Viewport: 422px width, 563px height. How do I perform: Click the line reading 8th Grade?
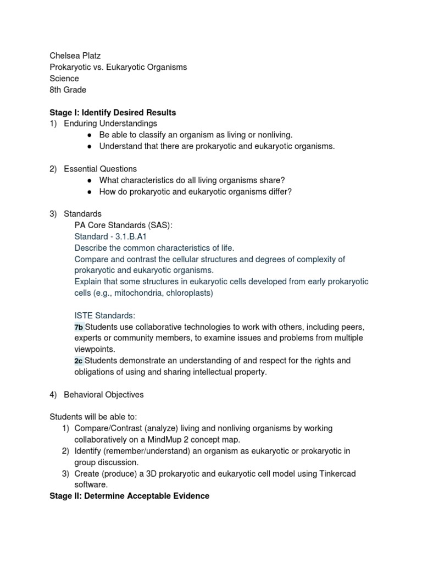[x=68, y=90]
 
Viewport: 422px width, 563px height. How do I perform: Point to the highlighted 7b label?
[x=79, y=327]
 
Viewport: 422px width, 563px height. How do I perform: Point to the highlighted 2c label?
[x=79, y=361]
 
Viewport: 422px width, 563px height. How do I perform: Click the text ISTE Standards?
[x=104, y=316]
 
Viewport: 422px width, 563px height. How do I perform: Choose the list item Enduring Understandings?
[x=110, y=124]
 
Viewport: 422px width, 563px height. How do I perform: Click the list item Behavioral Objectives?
[x=104, y=394]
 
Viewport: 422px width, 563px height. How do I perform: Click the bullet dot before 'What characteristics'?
[x=88, y=180]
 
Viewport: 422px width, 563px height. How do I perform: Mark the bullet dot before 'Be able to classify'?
[x=88, y=135]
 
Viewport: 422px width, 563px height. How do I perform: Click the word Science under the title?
[x=64, y=79]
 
